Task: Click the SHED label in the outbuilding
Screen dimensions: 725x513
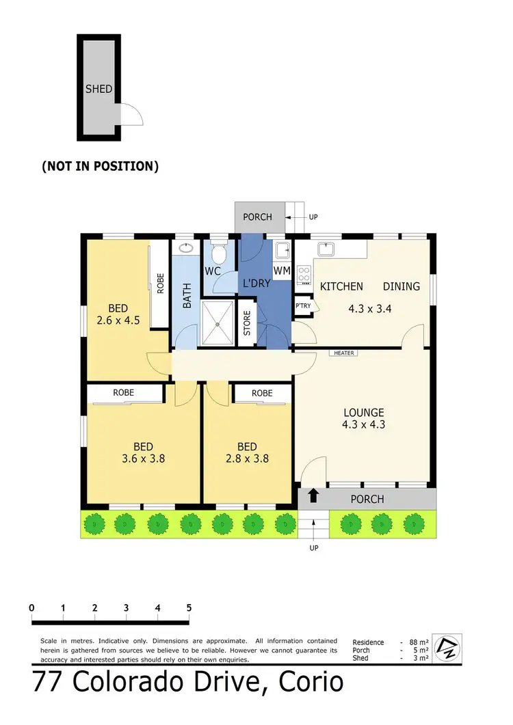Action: point(98,89)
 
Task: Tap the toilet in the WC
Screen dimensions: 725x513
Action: point(219,255)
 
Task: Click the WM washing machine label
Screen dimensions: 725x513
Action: point(282,271)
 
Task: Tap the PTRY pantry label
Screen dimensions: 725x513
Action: point(302,306)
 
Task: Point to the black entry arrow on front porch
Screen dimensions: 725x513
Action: point(313,497)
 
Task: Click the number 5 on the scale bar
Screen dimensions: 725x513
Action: point(188,607)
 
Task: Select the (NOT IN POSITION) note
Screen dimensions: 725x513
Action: point(100,165)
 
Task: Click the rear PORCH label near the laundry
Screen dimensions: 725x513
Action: point(257,217)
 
